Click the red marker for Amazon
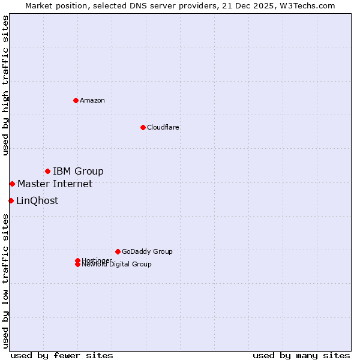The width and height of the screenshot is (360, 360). [76, 100]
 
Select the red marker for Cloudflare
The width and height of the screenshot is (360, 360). [143, 127]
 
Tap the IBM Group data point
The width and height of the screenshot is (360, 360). [47, 172]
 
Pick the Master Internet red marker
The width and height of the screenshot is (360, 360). [12, 184]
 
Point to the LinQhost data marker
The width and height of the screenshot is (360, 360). [11, 200]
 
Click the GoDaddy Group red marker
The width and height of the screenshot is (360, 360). [118, 251]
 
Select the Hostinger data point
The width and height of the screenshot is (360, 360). [77, 260]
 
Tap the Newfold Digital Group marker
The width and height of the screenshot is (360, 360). [77, 265]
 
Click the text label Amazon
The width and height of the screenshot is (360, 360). [92, 100]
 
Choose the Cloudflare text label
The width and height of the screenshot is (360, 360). [163, 127]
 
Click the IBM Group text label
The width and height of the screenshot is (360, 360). [78, 172]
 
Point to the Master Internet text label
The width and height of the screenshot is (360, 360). [55, 184]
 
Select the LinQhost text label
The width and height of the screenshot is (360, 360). [37, 200]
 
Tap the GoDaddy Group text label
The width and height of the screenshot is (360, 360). [147, 251]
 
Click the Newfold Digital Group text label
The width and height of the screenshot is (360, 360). [116, 265]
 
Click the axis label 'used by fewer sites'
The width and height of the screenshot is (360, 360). [62, 355]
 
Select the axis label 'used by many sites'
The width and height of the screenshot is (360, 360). [301, 355]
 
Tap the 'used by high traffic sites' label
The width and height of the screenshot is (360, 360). [5, 85]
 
